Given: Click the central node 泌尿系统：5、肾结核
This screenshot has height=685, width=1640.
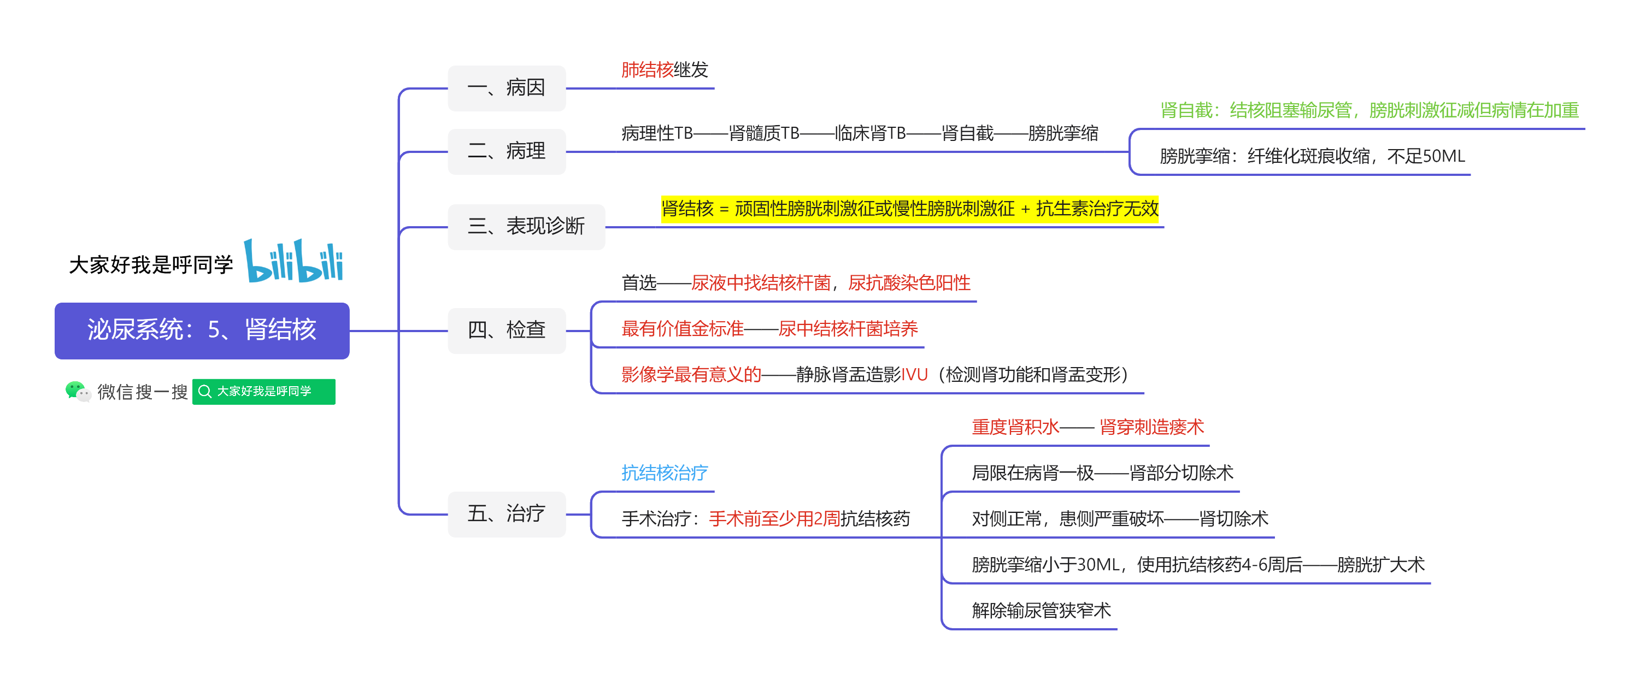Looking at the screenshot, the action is [202, 330].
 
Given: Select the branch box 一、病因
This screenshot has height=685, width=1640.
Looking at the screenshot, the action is [507, 88].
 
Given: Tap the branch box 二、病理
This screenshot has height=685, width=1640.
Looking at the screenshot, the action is [507, 151].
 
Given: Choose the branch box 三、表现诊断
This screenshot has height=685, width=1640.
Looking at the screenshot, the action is [526, 227].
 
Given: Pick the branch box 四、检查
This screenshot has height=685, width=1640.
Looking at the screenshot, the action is [507, 330].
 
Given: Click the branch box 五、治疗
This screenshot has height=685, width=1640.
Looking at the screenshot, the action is [507, 513].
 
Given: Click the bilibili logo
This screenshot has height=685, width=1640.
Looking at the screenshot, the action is [294, 261].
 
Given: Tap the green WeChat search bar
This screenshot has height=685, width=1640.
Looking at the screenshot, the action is [263, 392].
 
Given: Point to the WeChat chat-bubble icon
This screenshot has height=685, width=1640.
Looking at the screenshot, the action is [78, 392].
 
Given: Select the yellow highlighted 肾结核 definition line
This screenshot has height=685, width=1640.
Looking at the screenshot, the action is [910, 209].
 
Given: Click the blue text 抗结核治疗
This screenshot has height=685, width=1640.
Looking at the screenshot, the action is [665, 473].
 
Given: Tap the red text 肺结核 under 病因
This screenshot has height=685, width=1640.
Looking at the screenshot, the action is [647, 69].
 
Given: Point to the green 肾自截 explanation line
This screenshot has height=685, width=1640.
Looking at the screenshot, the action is [1369, 110].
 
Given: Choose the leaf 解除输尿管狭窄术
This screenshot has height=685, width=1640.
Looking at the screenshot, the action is [1042, 611].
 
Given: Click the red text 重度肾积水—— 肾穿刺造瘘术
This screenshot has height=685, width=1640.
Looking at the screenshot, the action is [1088, 427].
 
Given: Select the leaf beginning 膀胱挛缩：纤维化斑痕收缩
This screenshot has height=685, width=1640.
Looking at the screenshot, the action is [1313, 156].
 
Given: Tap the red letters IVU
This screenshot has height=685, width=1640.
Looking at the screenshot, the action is [914, 374].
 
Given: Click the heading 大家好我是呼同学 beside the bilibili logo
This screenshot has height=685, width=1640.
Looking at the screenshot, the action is [151, 265].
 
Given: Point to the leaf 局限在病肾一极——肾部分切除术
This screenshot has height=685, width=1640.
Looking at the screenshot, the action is [1103, 473].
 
